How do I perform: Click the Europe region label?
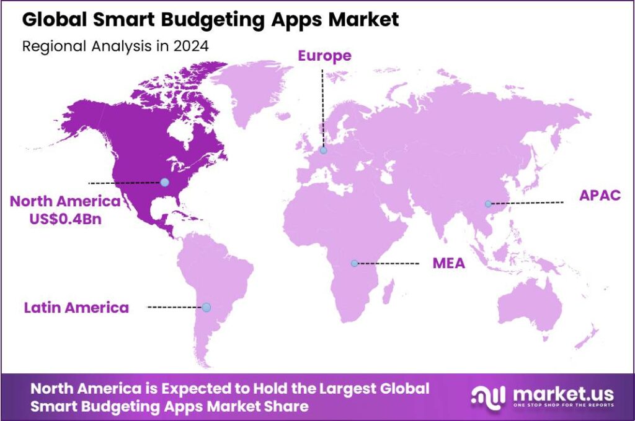324,56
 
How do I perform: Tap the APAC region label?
600,196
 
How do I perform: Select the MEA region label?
449,264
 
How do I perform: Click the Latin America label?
76,307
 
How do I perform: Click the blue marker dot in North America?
164,182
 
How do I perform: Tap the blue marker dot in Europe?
323,150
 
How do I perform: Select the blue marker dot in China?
489,204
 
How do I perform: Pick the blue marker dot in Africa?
354,263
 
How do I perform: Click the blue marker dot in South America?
206,307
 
